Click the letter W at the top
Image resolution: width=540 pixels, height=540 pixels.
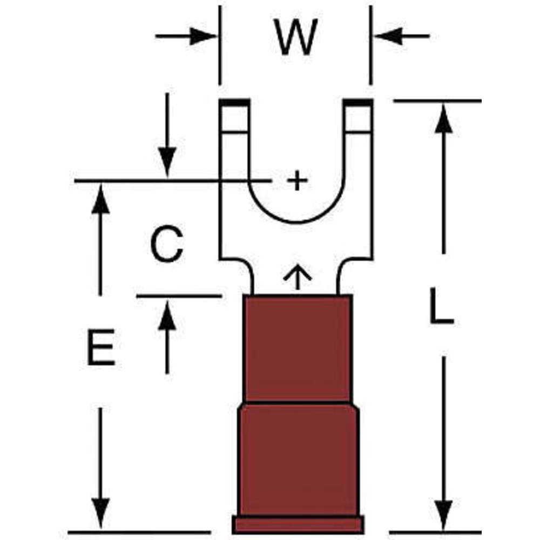[x=295, y=37]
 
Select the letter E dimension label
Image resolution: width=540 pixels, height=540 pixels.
[x=101, y=347]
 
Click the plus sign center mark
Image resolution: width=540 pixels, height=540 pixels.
[x=296, y=180]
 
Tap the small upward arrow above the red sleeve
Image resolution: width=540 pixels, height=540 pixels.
[x=298, y=276]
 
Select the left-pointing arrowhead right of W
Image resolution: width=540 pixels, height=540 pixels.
[x=387, y=37]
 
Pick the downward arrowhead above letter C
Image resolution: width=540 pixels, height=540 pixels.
[x=167, y=162]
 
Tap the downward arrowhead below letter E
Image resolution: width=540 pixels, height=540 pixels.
[x=100, y=513]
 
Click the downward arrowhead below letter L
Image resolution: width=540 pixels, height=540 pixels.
[x=443, y=513]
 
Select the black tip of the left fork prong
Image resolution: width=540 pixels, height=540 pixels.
[x=234, y=102]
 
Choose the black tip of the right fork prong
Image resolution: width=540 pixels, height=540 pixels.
[x=358, y=102]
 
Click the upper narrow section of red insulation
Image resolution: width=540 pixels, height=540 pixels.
[x=298, y=348]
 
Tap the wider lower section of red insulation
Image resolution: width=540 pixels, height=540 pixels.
[x=298, y=459]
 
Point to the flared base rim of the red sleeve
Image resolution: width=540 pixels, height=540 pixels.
[x=298, y=524]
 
